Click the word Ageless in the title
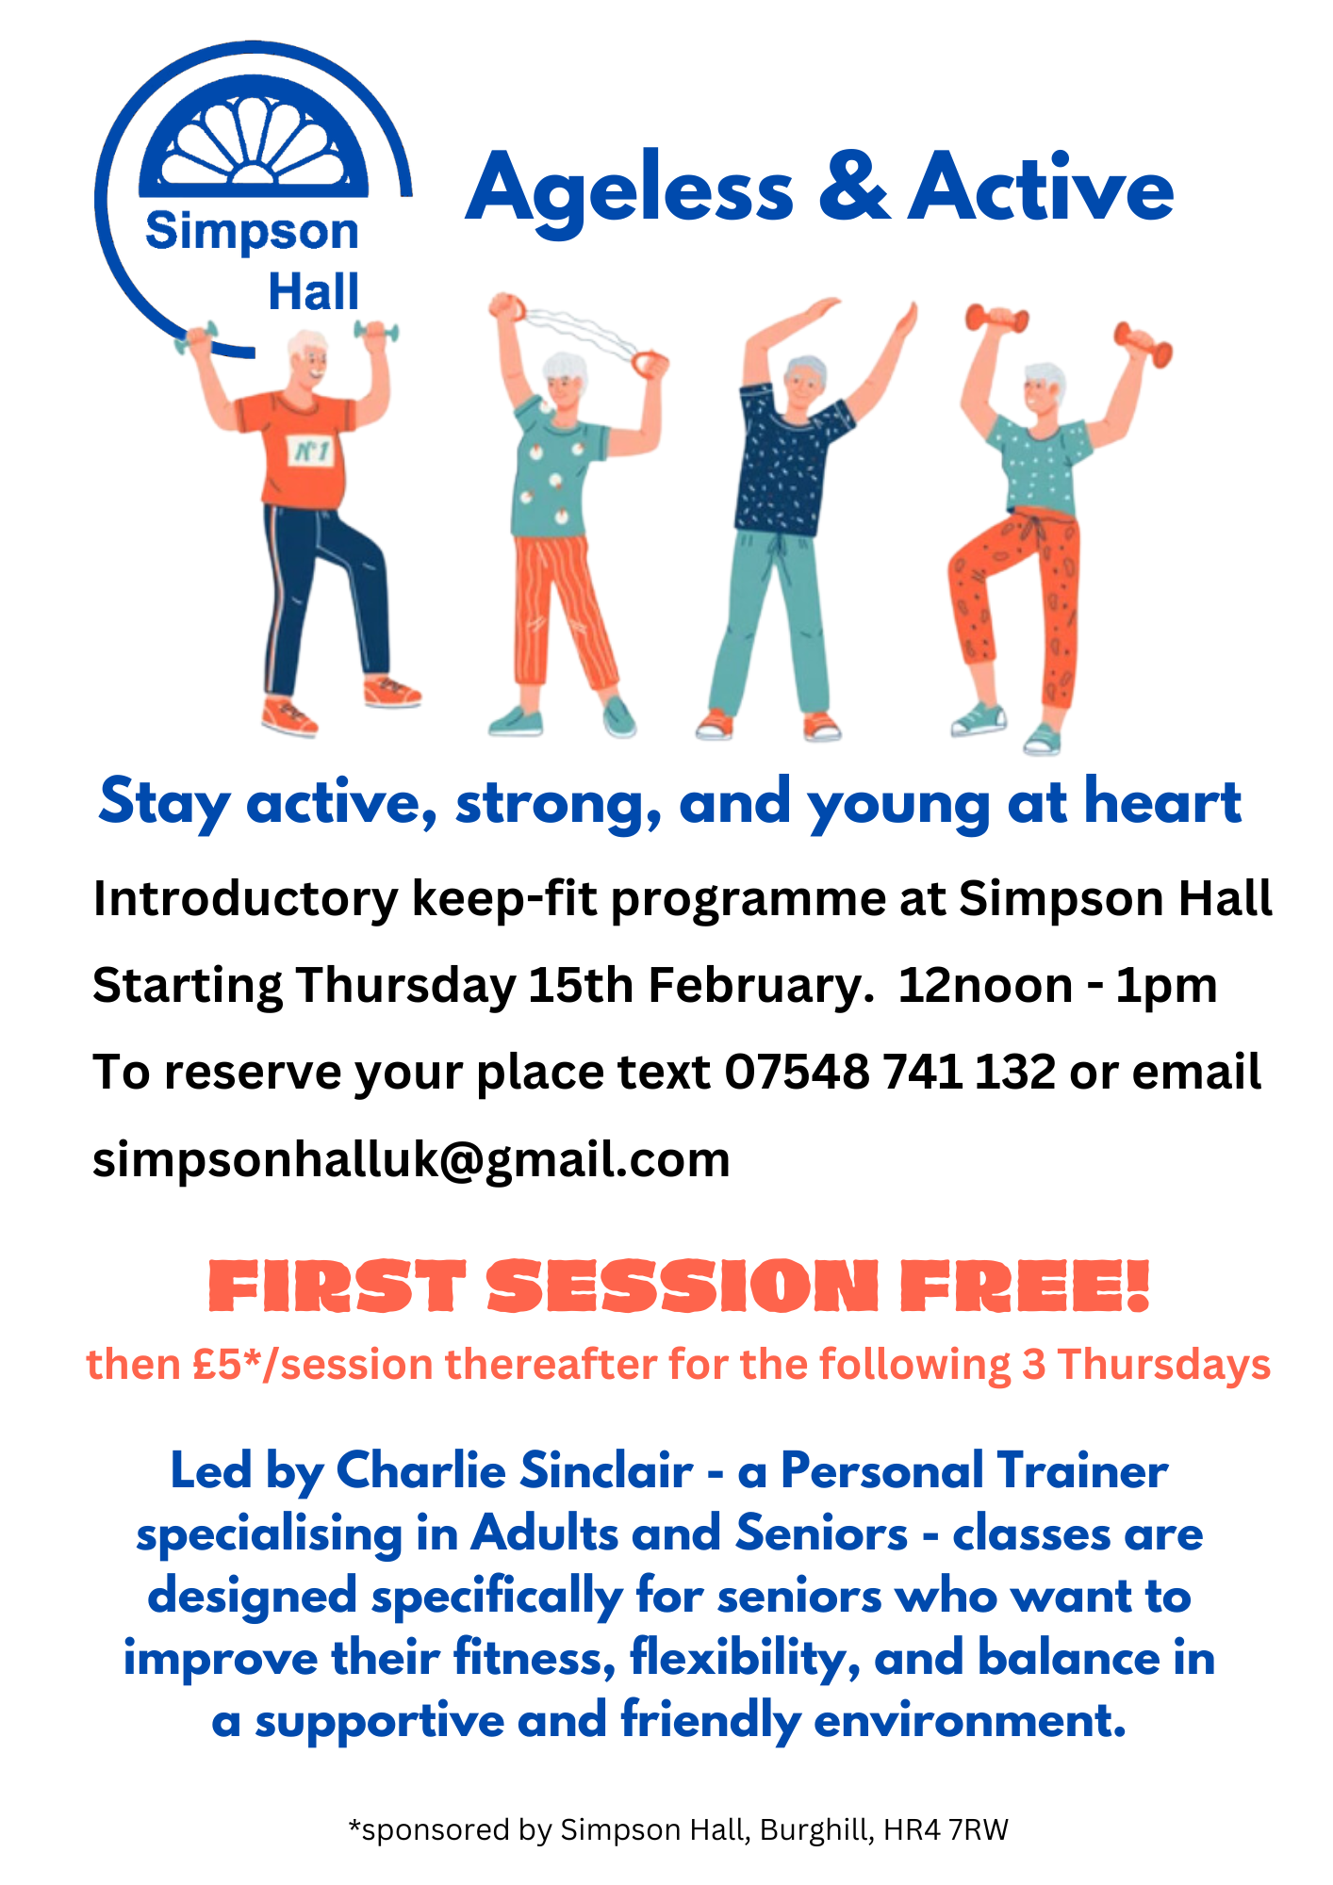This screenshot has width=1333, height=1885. tap(630, 189)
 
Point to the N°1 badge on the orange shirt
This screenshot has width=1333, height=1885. tap(312, 451)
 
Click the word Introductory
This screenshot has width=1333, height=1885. tap(246, 899)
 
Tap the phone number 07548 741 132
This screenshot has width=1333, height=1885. tap(890, 1073)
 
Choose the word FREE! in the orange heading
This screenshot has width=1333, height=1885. tap(1026, 1287)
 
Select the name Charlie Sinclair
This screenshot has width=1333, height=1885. tap(515, 1470)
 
